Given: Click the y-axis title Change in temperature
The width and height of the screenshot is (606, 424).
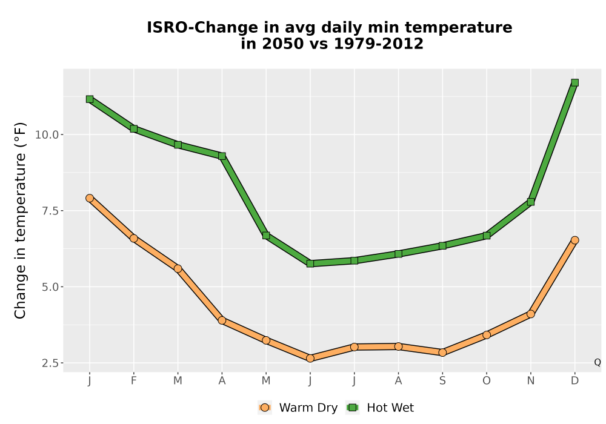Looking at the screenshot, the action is coord(20,220).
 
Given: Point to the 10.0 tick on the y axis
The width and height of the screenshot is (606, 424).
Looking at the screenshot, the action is coord(47,134).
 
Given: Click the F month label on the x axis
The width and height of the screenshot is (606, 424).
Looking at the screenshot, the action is coord(134,381).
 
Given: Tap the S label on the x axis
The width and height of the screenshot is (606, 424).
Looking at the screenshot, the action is coord(442,381).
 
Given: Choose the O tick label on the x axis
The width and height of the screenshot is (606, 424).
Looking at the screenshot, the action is coord(487,381).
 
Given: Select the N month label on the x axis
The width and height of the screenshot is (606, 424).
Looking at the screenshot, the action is coord(531,381).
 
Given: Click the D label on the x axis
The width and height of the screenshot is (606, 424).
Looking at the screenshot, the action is coord(574,381).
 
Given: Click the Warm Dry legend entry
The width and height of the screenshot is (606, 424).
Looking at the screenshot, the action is coord(298,408).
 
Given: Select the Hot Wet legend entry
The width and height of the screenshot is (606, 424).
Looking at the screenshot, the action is coord(380,408).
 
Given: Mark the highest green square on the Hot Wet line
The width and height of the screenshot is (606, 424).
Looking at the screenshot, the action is coord(574,82).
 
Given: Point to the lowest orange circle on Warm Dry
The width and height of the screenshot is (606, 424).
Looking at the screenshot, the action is coord(310,359).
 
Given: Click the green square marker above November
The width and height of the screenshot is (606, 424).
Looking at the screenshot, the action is coord(531,202).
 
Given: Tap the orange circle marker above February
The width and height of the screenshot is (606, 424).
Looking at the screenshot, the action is coord(134,238).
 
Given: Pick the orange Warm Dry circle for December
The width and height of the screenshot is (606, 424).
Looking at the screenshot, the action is coord(574,240).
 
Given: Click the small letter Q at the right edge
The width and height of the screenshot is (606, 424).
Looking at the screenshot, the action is coord(598,362).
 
